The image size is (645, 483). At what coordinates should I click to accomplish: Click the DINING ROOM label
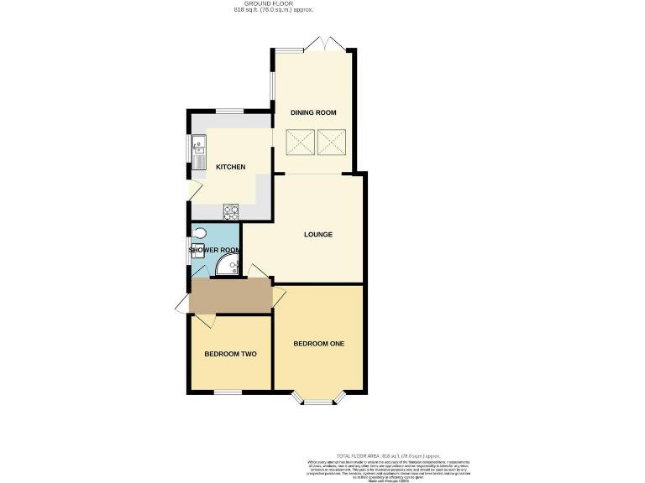pyautogui.click(x=313, y=112)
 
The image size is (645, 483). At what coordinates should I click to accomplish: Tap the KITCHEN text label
pyautogui.click(x=231, y=167)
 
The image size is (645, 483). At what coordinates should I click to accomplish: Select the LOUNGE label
pyautogui.click(x=318, y=234)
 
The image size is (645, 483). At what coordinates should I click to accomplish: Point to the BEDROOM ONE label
pyautogui.click(x=318, y=344)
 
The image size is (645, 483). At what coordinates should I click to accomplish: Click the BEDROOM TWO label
pyautogui.click(x=230, y=354)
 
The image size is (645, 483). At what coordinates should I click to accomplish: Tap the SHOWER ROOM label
pyautogui.click(x=214, y=250)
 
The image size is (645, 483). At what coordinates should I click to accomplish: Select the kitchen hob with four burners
pyautogui.click(x=231, y=210)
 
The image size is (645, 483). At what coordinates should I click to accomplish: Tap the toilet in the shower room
pyautogui.click(x=199, y=233)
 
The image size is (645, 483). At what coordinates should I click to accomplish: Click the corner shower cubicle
pyautogui.click(x=228, y=266)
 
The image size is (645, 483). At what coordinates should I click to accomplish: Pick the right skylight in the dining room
pyautogui.click(x=332, y=142)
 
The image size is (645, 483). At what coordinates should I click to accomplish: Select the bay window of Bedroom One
pyautogui.click(x=318, y=402)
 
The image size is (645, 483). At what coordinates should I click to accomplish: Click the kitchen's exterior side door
pyautogui.click(x=192, y=190)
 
